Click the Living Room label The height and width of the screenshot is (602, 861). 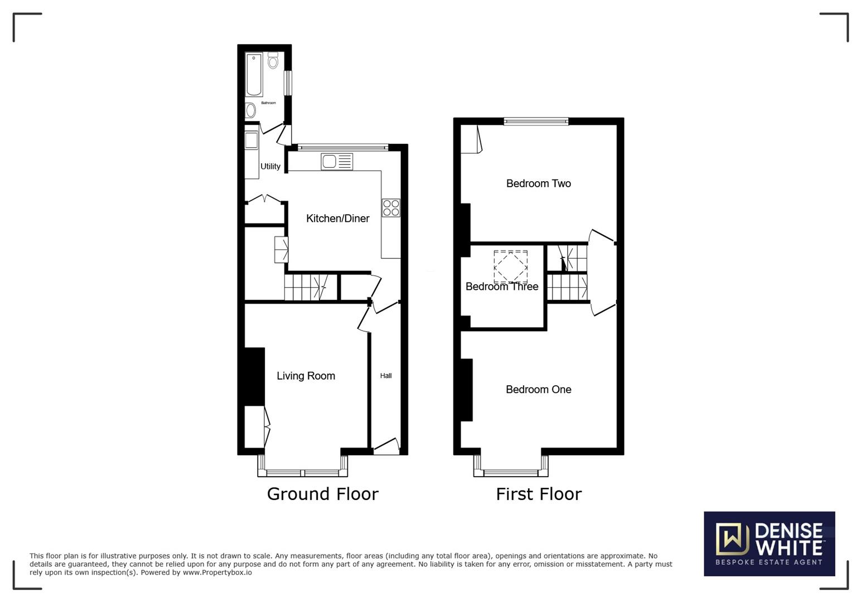[306, 376]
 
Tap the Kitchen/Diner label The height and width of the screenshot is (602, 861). [337, 219]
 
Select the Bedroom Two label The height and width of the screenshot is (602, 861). [538, 183]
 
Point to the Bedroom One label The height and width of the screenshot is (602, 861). [538, 390]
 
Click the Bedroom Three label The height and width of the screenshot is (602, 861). [502, 287]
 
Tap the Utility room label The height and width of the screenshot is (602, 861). [270, 166]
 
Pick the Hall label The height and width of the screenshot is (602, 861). [386, 376]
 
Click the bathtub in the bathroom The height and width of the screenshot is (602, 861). [254, 74]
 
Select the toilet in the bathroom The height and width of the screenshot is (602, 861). [273, 60]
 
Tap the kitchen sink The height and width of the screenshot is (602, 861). [336, 162]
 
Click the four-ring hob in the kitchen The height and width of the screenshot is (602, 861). [391, 207]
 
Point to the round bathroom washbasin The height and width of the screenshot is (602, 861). [250, 110]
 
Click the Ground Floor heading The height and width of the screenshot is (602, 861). [322, 494]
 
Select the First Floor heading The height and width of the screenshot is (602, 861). [539, 494]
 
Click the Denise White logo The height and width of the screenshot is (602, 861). [769, 543]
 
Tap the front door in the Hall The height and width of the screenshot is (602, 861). [386, 444]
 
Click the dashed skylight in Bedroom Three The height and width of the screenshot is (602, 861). [510, 266]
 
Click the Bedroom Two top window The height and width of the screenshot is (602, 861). [536, 121]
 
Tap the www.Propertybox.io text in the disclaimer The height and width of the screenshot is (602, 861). [217, 572]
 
